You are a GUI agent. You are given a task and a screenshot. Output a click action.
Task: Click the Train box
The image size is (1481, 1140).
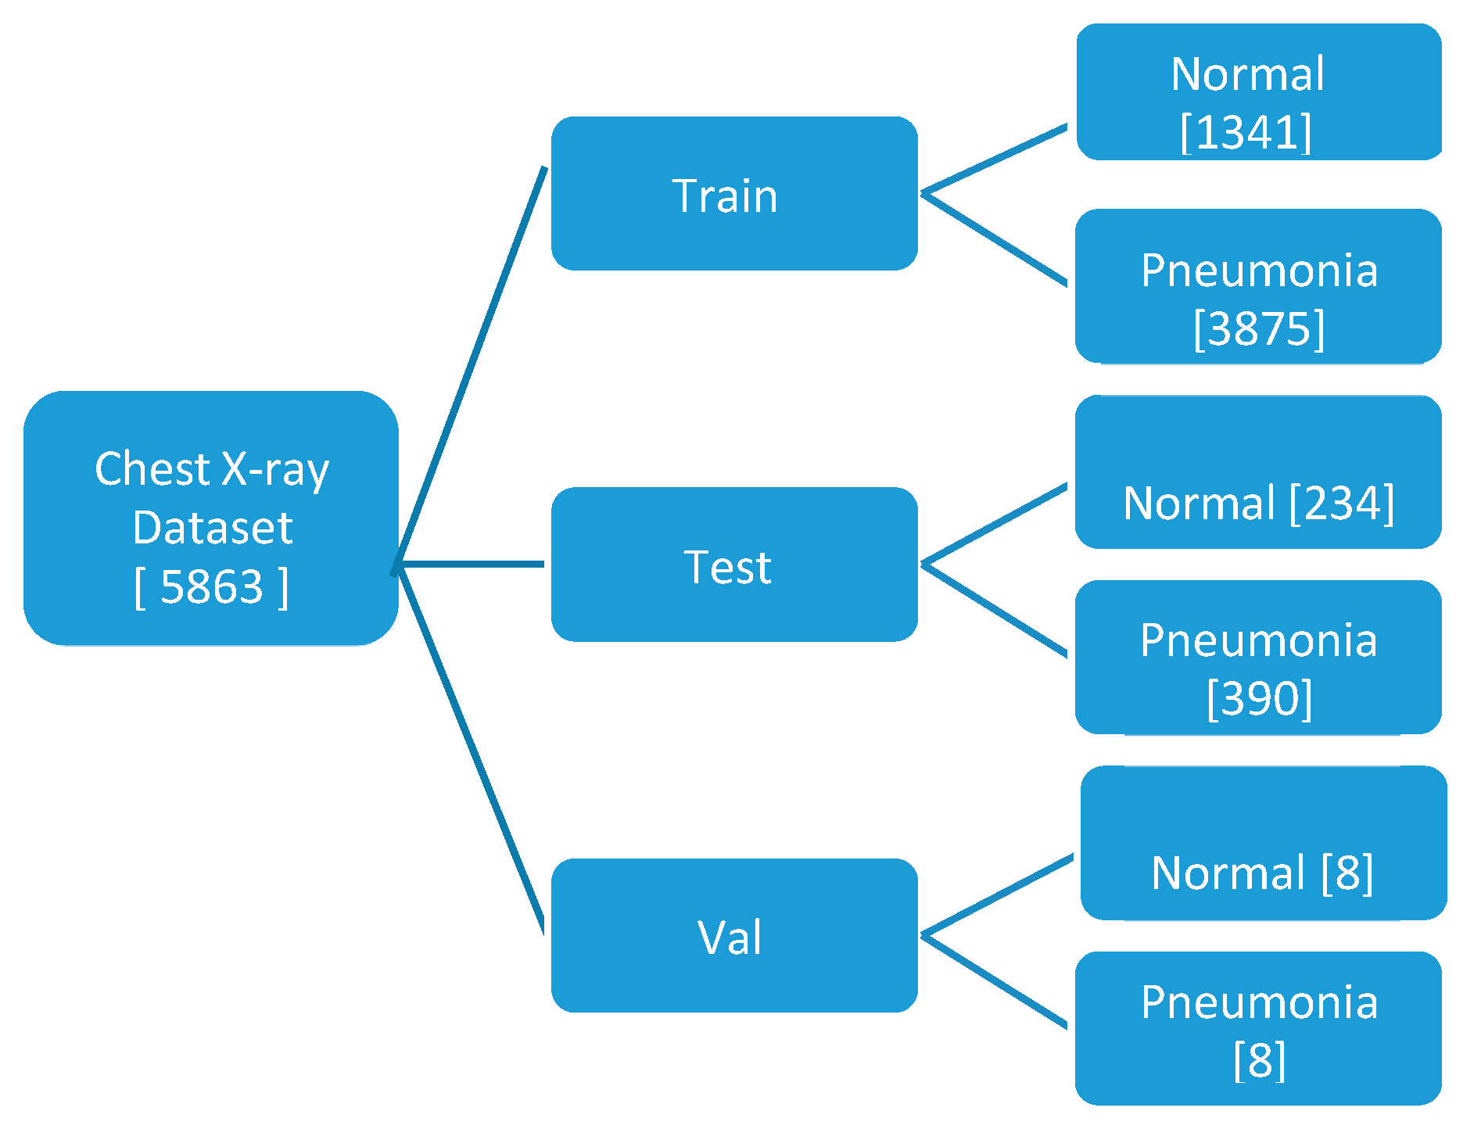pyautogui.click(x=733, y=194)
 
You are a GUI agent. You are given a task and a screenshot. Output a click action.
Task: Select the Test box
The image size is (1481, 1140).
pyautogui.click(x=733, y=565)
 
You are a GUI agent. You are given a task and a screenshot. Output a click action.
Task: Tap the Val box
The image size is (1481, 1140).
pyautogui.click(x=733, y=935)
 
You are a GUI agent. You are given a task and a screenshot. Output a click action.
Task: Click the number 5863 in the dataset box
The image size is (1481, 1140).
pyautogui.click(x=211, y=586)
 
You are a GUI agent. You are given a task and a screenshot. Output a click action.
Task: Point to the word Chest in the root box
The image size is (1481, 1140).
pyautogui.click(x=152, y=469)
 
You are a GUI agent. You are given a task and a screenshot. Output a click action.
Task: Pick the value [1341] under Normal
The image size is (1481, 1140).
pyautogui.click(x=1246, y=132)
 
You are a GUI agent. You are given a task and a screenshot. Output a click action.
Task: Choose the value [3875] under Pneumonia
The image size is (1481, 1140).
pyautogui.click(x=1259, y=328)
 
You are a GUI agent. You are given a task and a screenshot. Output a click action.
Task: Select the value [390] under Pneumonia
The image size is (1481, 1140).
pyautogui.click(x=1259, y=698)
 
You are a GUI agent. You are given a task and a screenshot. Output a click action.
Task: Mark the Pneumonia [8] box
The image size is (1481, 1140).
pyautogui.click(x=1258, y=1028)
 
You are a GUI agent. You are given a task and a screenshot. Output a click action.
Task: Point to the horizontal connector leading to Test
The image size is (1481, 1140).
pyautogui.click(x=472, y=564)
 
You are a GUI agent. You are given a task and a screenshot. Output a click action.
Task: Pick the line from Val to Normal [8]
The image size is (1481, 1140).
pyautogui.click(x=998, y=895)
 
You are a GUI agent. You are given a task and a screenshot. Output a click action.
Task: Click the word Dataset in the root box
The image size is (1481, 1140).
pyautogui.click(x=213, y=528)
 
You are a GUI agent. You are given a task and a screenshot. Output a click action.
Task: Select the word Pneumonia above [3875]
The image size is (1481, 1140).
pyautogui.click(x=1259, y=271)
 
